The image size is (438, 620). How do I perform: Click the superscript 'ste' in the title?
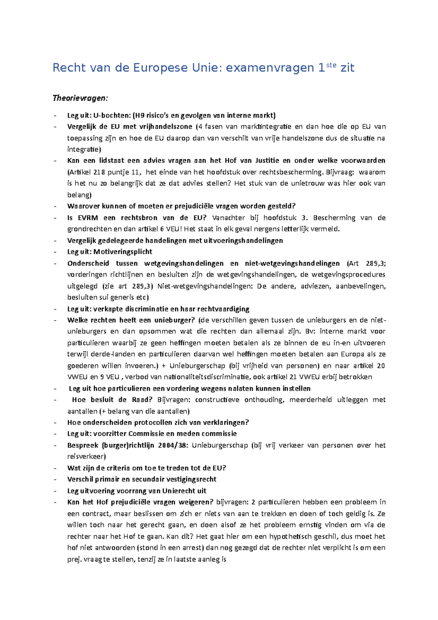coord(331,65)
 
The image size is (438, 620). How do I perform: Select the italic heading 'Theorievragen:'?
coord(80,98)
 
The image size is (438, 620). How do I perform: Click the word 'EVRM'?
coord(88,218)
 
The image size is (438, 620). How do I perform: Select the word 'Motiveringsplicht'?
coord(123,252)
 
